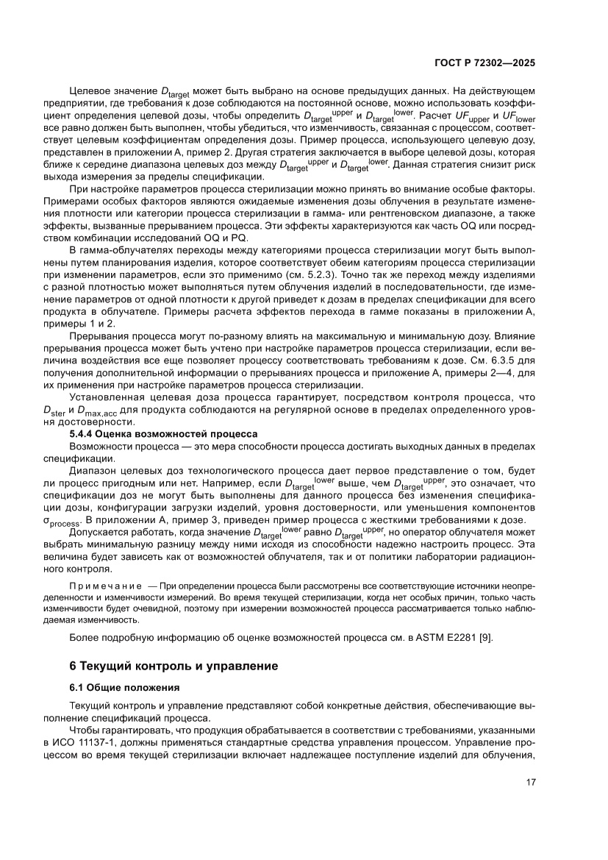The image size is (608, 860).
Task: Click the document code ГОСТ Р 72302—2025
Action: (x=488, y=63)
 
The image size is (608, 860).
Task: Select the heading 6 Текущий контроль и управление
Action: (x=174, y=667)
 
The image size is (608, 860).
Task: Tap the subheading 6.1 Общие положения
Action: (x=124, y=689)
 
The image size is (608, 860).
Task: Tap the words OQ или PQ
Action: (x=225, y=237)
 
